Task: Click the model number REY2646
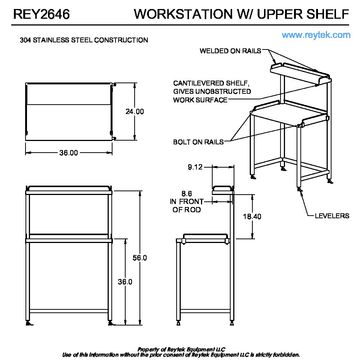[x=41, y=14]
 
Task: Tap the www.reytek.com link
[x=316, y=35]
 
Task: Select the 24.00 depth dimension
[x=134, y=111]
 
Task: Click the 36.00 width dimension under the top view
[x=69, y=153]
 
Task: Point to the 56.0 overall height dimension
[x=140, y=258]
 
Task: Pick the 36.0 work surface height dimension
[x=125, y=282]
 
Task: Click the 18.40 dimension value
[x=252, y=216]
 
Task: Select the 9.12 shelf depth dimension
[x=195, y=167]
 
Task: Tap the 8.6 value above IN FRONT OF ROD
[x=187, y=193]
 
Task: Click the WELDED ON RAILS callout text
[x=230, y=51]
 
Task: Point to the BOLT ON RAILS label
[x=198, y=142]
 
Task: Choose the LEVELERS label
[x=332, y=216]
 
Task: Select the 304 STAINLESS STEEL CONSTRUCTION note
[x=84, y=40]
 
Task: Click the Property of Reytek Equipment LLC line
[x=181, y=349]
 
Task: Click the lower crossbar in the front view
[x=69, y=311]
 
